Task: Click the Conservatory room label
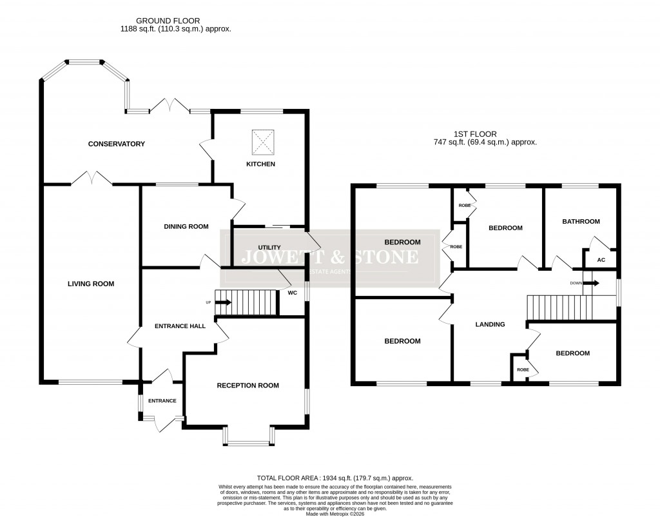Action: pyautogui.click(x=117, y=144)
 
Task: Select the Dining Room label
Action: pyautogui.click(x=186, y=226)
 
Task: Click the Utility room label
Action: pyautogui.click(x=269, y=248)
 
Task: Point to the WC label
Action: pyautogui.click(x=293, y=292)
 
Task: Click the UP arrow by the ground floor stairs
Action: pyautogui.click(x=222, y=302)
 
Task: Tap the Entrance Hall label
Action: pyautogui.click(x=180, y=326)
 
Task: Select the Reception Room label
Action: pyautogui.click(x=247, y=385)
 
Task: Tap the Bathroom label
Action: pyautogui.click(x=581, y=221)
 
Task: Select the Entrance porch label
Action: pyautogui.click(x=162, y=401)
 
